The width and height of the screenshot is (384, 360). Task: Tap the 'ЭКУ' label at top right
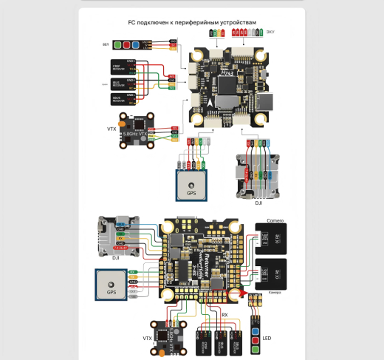(x=271, y=33)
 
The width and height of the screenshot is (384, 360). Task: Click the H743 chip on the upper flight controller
(x=226, y=74)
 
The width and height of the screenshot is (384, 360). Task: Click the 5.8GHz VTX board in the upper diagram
(x=133, y=132)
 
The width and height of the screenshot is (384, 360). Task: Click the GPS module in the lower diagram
(x=112, y=285)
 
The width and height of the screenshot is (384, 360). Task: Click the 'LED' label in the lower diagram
(x=267, y=339)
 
